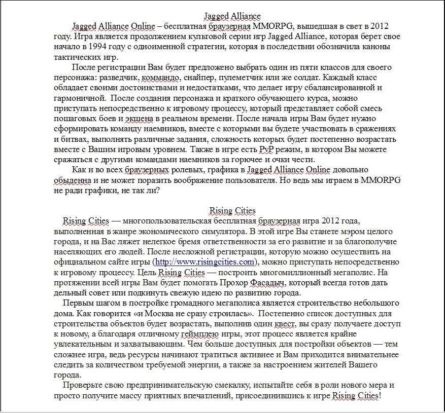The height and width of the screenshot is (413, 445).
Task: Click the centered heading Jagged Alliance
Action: (232, 16)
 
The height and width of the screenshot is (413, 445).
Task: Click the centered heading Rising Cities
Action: (232, 211)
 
